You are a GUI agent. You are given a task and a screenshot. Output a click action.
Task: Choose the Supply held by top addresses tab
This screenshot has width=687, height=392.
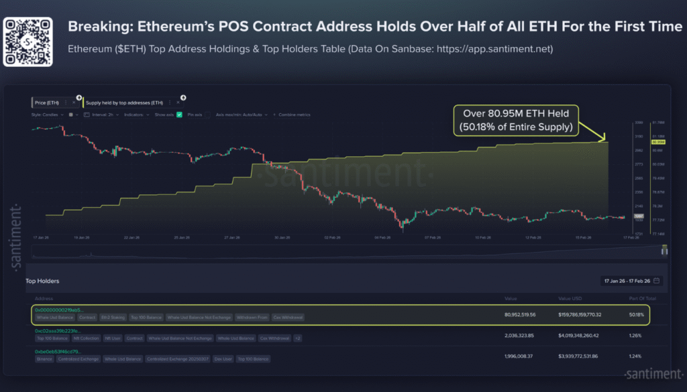coord(124,103)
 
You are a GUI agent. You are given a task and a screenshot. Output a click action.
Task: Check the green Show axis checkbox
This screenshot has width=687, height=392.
coord(179,115)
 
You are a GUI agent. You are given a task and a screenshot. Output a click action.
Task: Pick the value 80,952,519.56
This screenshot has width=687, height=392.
coord(521,314)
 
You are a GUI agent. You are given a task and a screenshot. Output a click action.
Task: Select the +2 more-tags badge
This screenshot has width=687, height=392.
coord(297,338)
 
